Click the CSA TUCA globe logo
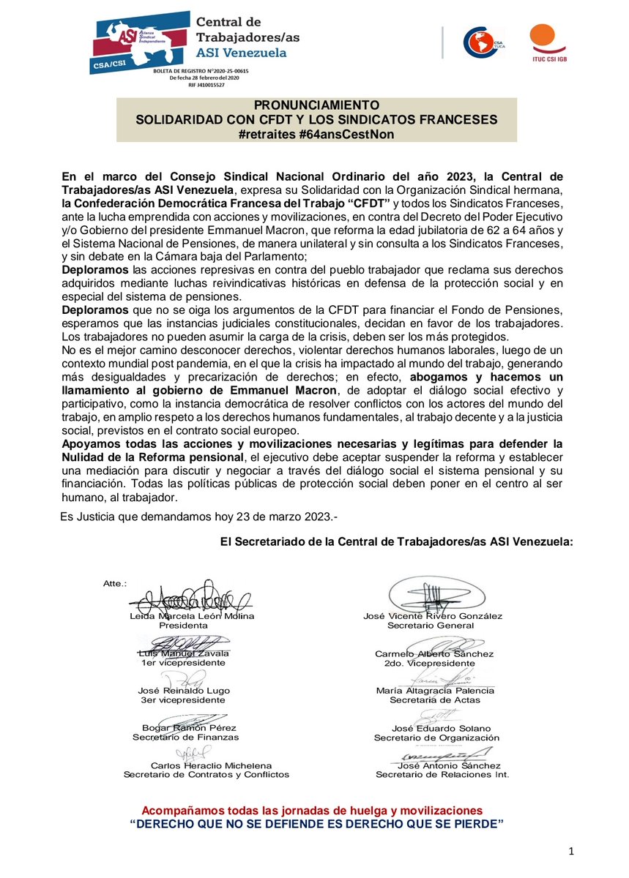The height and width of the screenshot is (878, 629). coord(484,41)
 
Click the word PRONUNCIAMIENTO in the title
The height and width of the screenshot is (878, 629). coord(317,105)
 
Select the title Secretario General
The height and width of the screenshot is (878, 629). coord(433,626)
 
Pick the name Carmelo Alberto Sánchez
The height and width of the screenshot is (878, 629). coord(434,653)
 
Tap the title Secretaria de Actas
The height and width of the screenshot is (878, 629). coord(434,700)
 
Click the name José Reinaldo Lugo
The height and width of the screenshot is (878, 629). coord(184,691)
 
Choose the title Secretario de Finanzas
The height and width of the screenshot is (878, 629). coord(185,738)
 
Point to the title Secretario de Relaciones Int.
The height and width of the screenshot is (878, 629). coord(442,774)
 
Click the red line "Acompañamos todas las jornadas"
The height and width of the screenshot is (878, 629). coord(312,811)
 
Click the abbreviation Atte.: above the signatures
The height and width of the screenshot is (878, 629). coord(115,583)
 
